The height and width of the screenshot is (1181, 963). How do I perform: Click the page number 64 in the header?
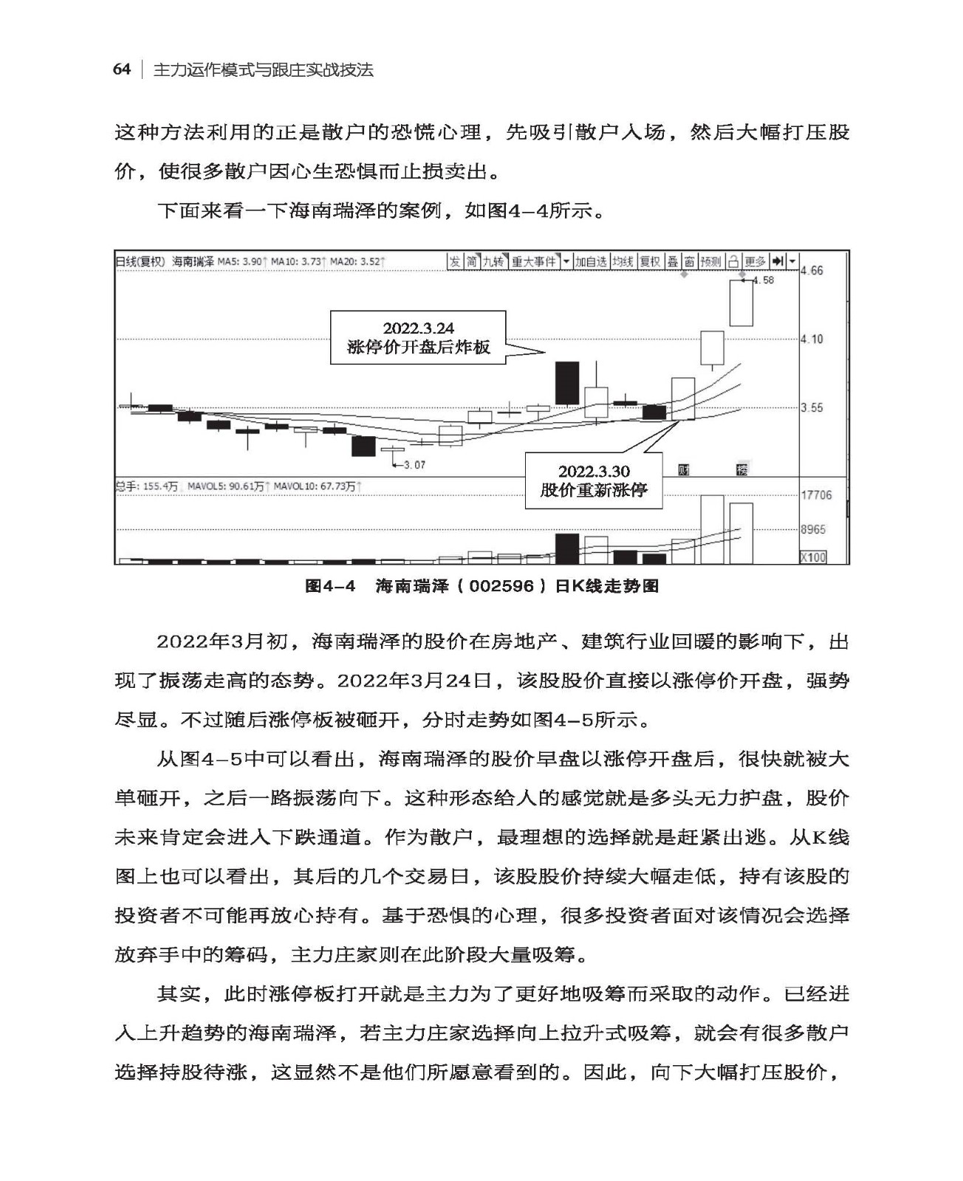122,70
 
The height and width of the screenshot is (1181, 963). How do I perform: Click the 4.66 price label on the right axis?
812,271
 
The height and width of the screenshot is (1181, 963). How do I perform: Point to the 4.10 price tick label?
812,340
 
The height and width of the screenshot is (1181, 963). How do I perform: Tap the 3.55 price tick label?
812,408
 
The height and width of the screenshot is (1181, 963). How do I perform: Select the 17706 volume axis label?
817,495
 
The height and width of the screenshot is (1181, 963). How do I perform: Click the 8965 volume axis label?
814,530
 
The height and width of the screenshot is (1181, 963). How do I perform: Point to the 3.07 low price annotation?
414,465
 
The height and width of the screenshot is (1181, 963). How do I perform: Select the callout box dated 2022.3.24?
418,337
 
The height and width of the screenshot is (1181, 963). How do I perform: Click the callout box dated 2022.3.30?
593,481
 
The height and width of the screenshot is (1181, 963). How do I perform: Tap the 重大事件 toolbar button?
534,262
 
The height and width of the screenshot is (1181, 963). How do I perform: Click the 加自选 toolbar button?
591,262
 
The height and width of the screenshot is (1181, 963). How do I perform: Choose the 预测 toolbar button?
710,262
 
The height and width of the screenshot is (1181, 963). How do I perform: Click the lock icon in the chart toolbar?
733,262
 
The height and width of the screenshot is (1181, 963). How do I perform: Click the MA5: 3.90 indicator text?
241,262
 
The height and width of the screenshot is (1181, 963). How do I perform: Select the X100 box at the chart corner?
813,557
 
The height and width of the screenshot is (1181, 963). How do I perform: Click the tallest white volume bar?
712,529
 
